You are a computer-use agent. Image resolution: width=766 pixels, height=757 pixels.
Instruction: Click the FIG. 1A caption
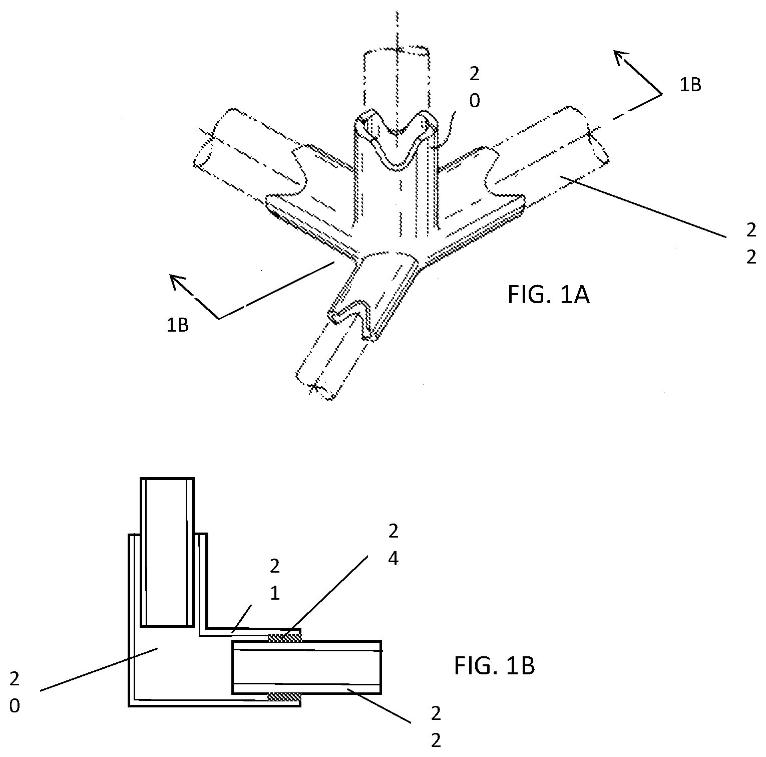point(548,295)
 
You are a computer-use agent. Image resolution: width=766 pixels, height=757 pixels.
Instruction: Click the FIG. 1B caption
point(495,666)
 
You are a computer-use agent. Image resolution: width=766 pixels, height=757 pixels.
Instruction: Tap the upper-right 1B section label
point(690,85)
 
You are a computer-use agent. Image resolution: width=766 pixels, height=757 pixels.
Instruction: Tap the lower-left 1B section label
point(177,325)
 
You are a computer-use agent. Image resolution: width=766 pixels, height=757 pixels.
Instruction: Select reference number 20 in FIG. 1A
point(474,88)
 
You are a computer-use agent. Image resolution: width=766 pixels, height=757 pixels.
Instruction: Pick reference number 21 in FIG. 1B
point(274,580)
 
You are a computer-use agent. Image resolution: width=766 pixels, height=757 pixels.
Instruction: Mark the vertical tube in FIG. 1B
point(167,551)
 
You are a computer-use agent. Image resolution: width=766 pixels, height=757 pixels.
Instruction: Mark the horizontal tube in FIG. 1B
point(306,667)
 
